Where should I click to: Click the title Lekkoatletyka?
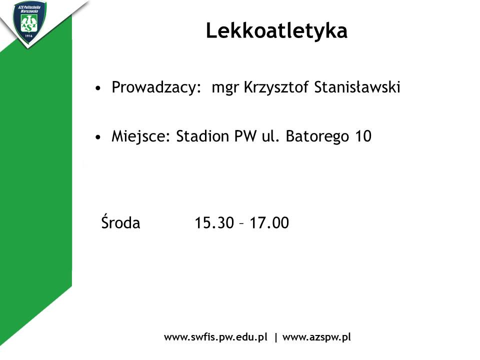(276, 30)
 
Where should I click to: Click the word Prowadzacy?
(156, 87)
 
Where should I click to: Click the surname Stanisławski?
(357, 87)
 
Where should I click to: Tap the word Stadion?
(202, 136)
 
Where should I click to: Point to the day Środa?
(120, 221)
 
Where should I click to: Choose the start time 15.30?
(214, 223)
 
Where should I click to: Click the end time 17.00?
(269, 223)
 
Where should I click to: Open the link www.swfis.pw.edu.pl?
(215, 337)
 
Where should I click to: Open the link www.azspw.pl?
(316, 337)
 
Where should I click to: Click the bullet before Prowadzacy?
(97, 88)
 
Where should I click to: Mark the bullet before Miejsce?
(97, 137)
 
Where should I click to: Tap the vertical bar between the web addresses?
(276, 337)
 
